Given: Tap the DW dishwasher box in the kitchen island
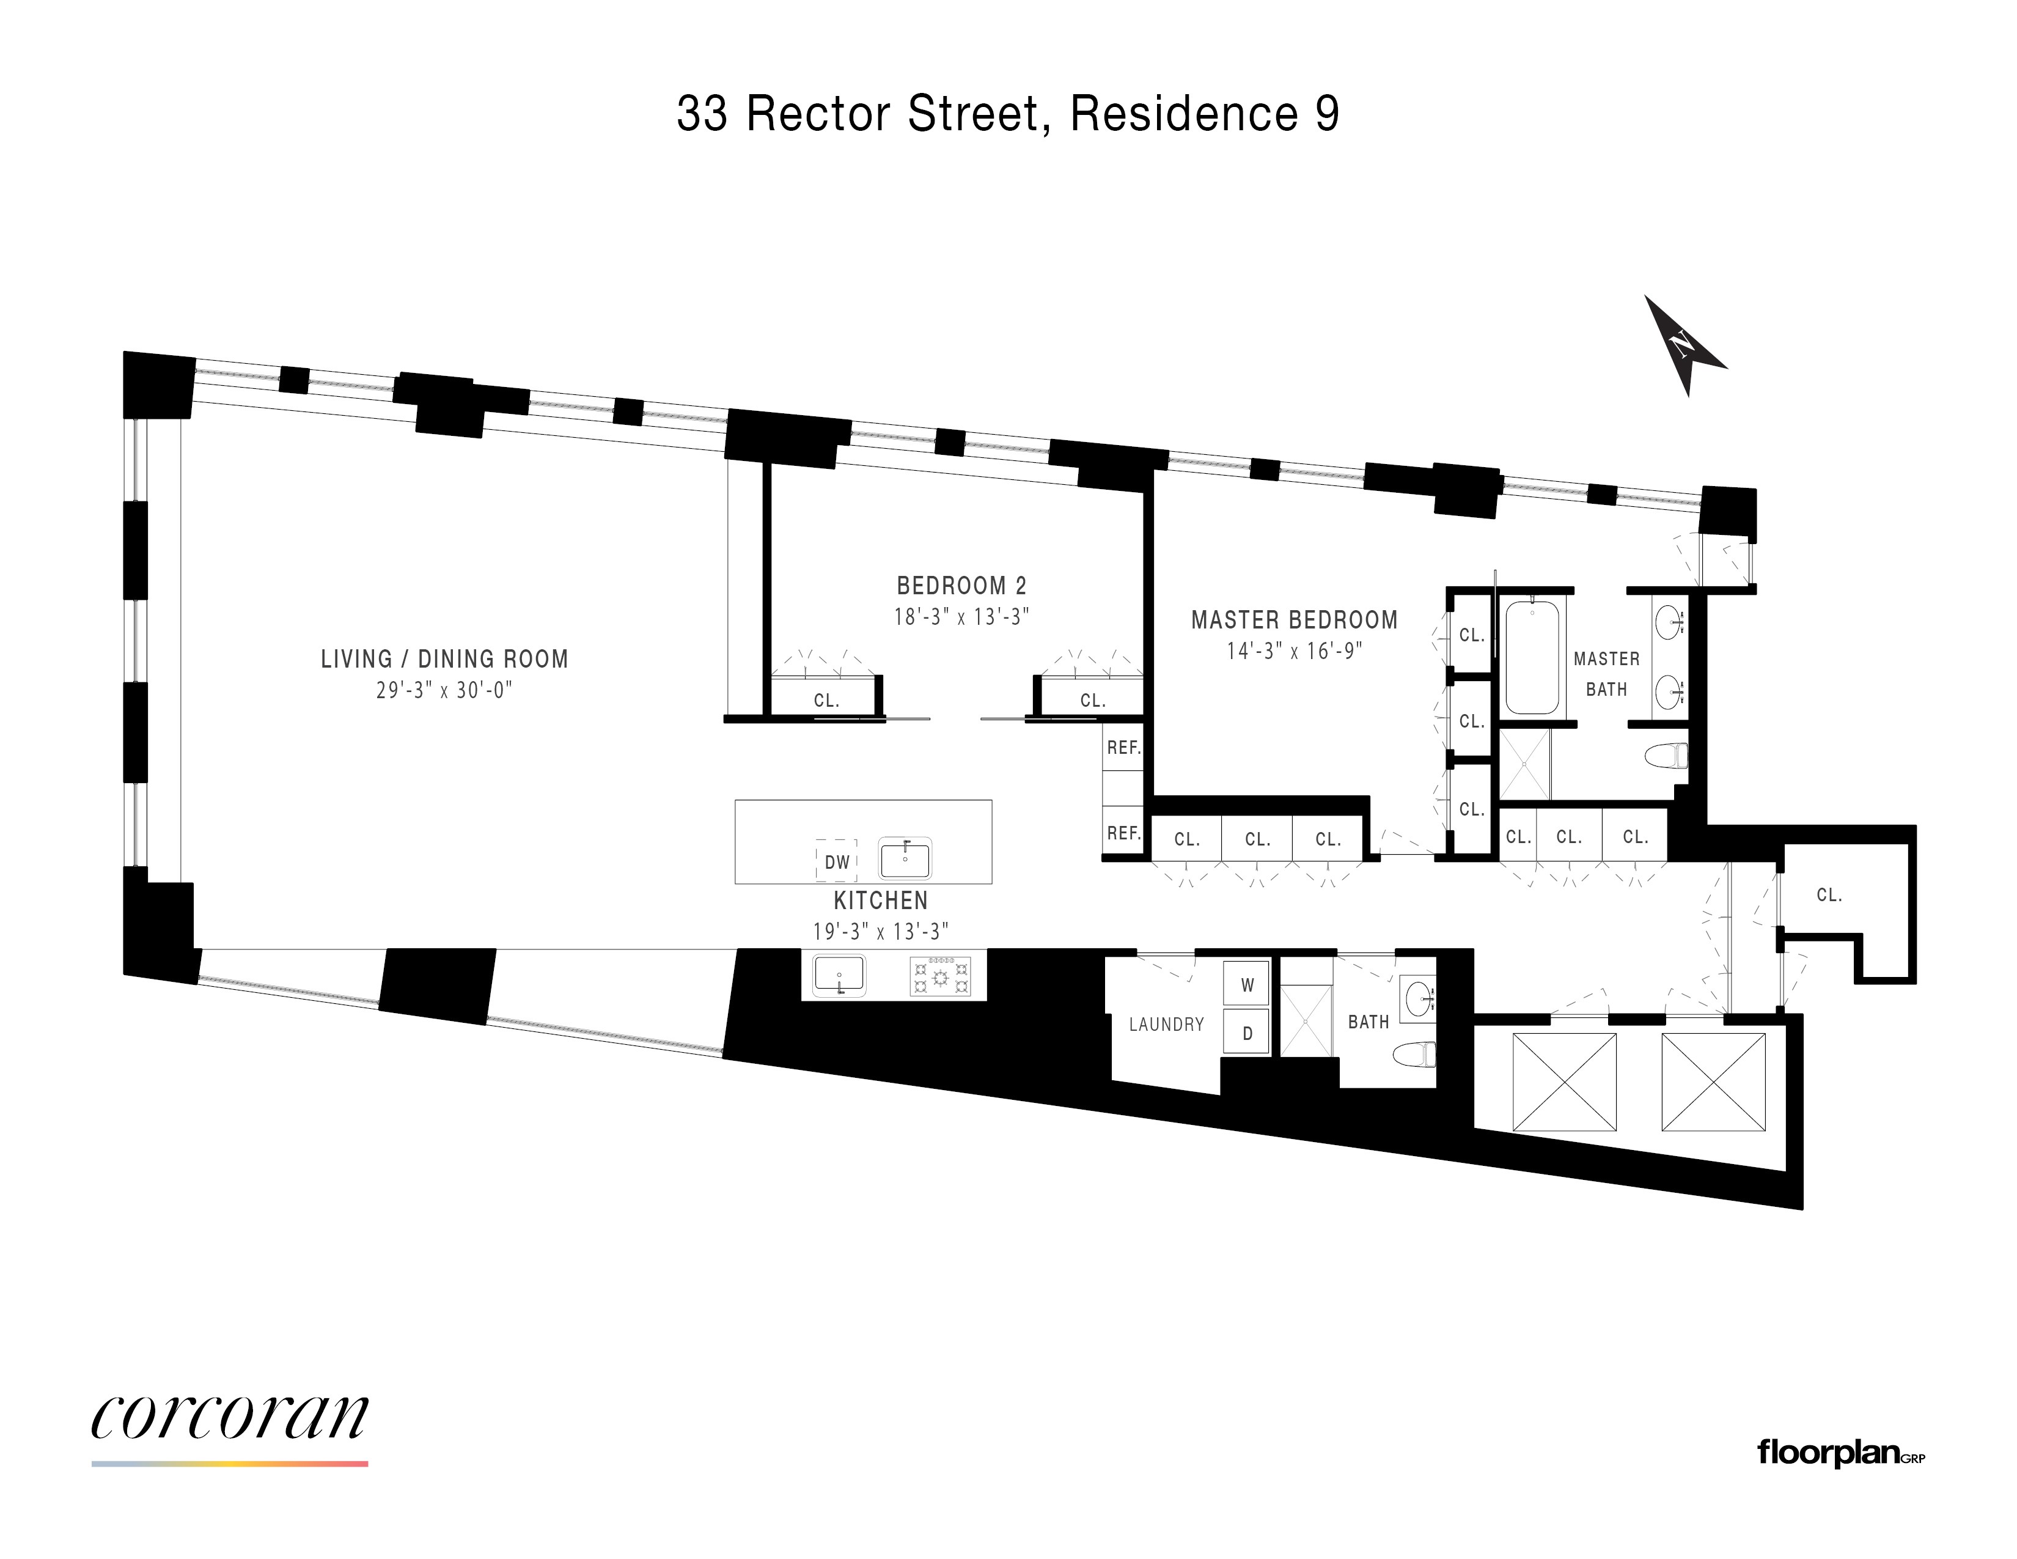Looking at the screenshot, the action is pyautogui.click(x=837, y=861).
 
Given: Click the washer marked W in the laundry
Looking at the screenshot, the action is pyautogui.click(x=1247, y=984).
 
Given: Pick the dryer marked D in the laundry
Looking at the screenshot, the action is pyautogui.click(x=1247, y=1033).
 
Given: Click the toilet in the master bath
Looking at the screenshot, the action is pyautogui.click(x=1668, y=756).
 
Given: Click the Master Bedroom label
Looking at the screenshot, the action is pyautogui.click(x=1294, y=620).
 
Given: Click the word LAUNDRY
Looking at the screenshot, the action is pyautogui.click(x=1166, y=1024).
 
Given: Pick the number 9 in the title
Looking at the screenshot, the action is pyautogui.click(x=1326, y=114).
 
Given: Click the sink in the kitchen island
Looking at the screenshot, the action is pyautogui.click(x=905, y=859).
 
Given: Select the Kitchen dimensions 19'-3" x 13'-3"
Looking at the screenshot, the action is pyautogui.click(x=880, y=931).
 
